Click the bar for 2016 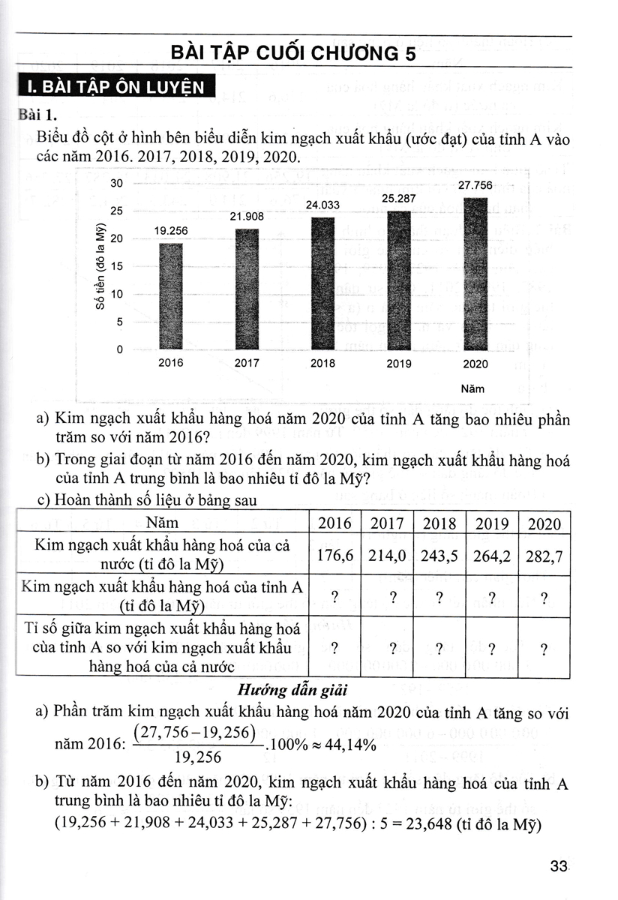click(x=170, y=296)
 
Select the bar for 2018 click(x=322, y=283)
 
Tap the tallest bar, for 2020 click(x=475, y=274)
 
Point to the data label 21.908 click(x=247, y=216)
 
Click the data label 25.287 click(x=398, y=199)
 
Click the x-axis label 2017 click(x=247, y=363)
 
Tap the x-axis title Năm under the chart click(x=472, y=388)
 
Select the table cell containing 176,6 click(x=334, y=556)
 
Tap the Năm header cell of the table click(x=163, y=523)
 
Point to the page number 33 click(x=558, y=867)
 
